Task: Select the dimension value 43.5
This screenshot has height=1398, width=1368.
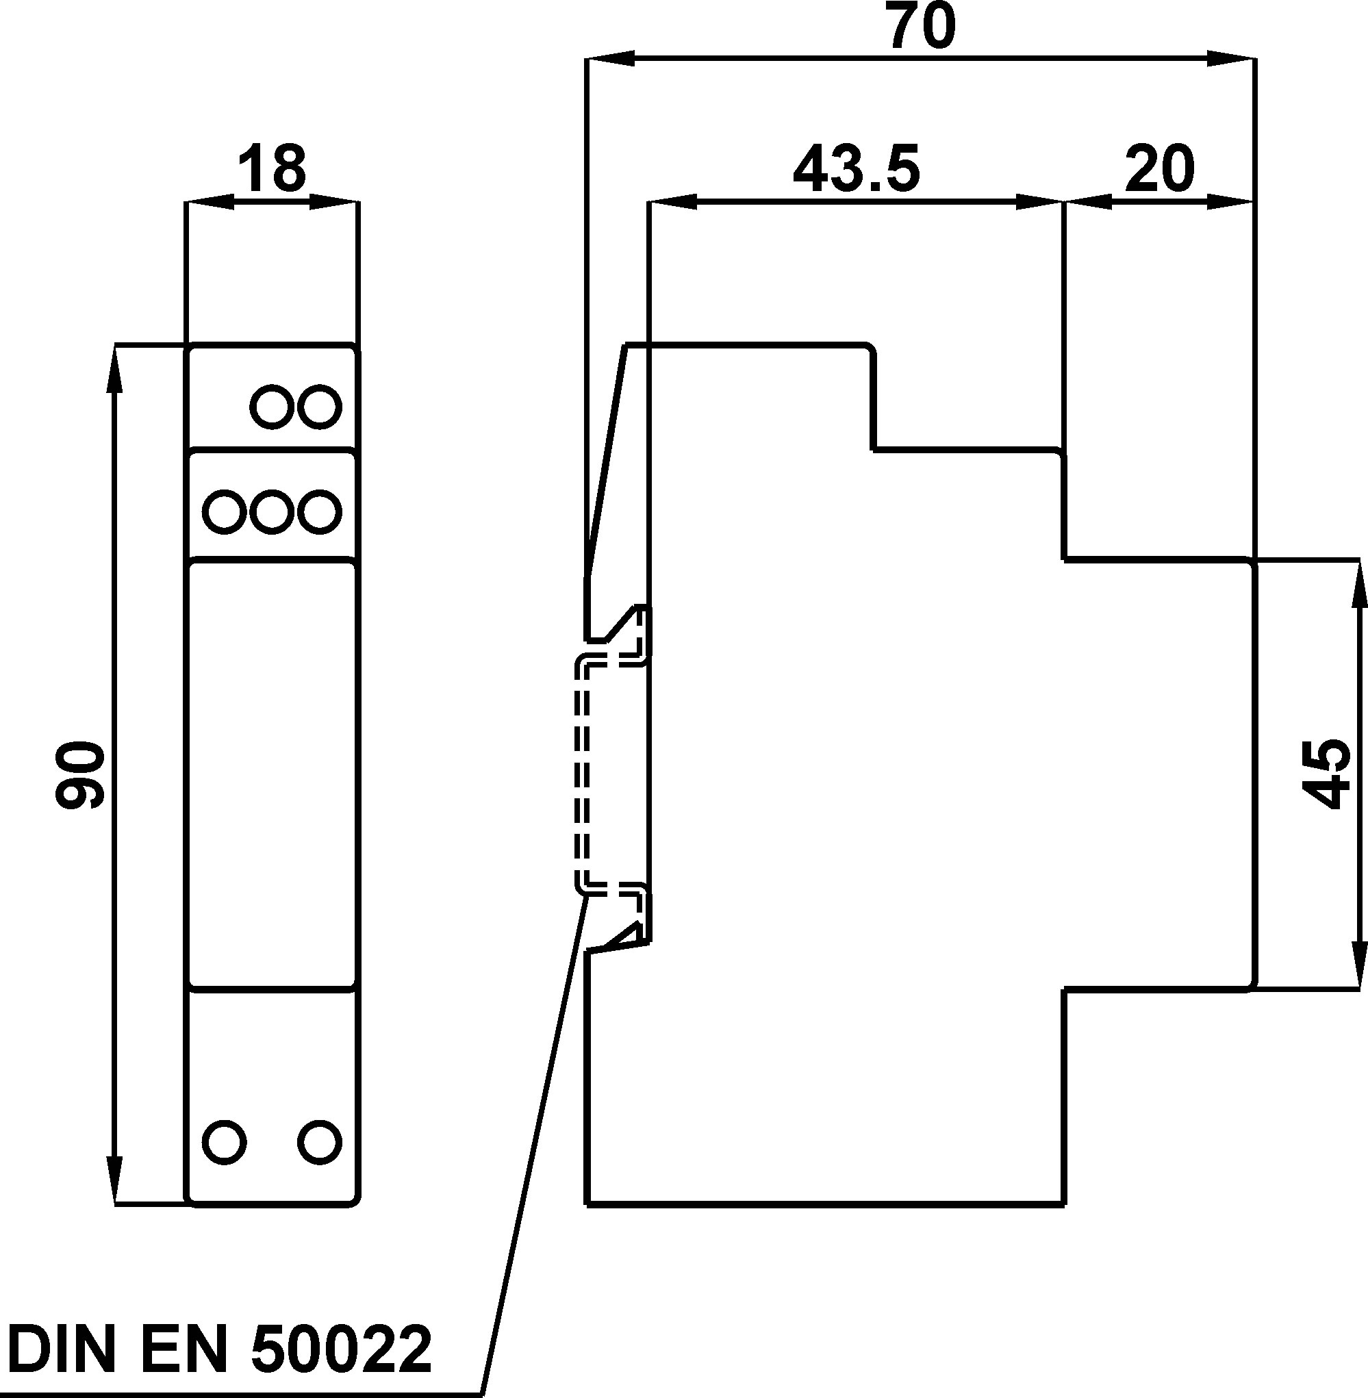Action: pyautogui.click(x=856, y=170)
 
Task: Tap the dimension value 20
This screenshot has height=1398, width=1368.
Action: pyautogui.click(x=1160, y=170)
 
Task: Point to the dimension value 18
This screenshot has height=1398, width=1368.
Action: pyautogui.click(x=272, y=170)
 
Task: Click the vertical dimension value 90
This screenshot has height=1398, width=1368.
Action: pyautogui.click(x=81, y=776)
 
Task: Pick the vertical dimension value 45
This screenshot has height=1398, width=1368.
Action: pyautogui.click(x=1326, y=775)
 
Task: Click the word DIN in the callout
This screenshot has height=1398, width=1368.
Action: pyautogui.click(x=61, y=1349)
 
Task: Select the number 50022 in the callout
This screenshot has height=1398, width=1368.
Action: pyautogui.click(x=341, y=1349)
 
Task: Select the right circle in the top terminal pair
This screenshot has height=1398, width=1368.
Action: pyautogui.click(x=320, y=407)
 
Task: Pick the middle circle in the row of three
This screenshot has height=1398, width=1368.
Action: pyautogui.click(x=272, y=512)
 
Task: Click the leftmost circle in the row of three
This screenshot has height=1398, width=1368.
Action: pyautogui.click(x=224, y=512)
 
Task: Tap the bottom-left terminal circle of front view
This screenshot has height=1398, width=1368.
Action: pyautogui.click(x=224, y=1140)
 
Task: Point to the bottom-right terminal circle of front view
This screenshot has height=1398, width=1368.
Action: pyautogui.click(x=320, y=1140)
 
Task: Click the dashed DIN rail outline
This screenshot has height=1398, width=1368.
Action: pyautogui.click(x=583, y=776)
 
